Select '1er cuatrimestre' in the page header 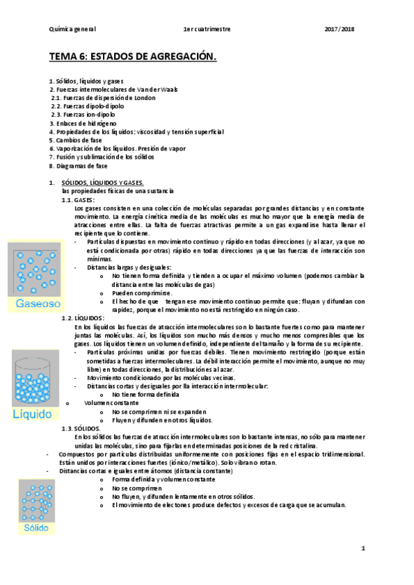[x=207, y=29]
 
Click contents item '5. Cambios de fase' [x=75, y=140]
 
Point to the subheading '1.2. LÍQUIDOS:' [x=82, y=317]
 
